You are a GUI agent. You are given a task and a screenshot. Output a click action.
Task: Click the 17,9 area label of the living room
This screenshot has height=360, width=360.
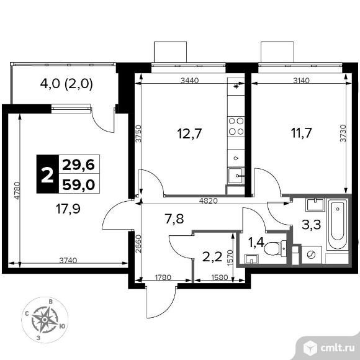68,209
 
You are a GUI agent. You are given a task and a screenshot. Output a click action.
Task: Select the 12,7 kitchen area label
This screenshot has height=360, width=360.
189,133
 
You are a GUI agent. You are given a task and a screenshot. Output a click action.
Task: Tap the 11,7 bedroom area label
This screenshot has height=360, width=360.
301,133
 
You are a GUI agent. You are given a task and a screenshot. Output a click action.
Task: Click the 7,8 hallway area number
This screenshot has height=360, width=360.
174,218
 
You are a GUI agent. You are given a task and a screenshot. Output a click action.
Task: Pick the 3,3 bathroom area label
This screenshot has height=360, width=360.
311,225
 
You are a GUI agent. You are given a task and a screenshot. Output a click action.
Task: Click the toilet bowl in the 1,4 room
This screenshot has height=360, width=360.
275,248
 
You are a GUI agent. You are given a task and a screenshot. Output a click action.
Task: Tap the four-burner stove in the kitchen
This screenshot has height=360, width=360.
236,126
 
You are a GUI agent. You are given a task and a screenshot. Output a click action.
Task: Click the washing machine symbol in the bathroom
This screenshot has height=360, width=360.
311,254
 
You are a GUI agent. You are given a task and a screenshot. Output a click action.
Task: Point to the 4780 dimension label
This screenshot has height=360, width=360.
17,191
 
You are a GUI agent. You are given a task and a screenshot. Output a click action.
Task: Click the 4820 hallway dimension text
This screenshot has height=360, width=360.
208,200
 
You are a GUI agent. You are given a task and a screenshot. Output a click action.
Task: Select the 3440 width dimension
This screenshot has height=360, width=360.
190,80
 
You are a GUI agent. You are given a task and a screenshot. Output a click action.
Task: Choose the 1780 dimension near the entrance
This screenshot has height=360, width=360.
163,277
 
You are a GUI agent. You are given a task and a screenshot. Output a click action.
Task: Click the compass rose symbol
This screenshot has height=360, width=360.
45,320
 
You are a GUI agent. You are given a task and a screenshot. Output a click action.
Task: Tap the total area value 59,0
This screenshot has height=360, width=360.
79,184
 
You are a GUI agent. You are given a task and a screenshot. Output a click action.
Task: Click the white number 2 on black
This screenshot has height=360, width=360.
47,174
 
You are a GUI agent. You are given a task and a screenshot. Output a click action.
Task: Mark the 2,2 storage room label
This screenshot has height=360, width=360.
212,257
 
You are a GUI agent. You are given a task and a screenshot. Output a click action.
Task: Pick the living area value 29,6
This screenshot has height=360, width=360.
79,164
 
